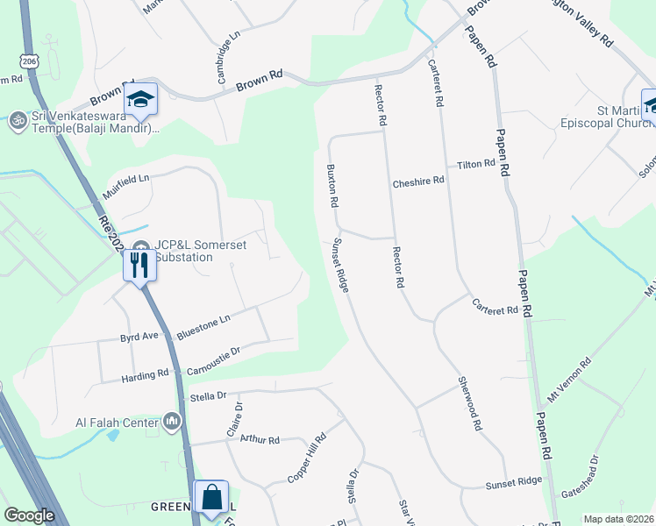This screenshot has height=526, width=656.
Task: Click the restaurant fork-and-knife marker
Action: click(139, 264)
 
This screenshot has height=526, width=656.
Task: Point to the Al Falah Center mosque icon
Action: click(172, 423)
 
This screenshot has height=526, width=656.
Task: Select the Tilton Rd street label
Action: click(476, 164)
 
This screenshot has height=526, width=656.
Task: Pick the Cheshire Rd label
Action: click(419, 181)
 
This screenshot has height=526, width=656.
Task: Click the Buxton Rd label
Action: click(333, 186)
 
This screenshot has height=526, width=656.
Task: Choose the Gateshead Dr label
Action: click(580, 477)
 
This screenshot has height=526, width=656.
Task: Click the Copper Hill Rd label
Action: click(306, 458)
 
